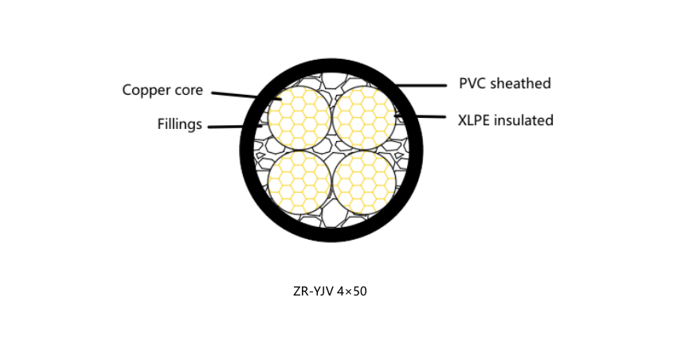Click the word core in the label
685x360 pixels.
(188, 91)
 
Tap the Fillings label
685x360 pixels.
(179, 124)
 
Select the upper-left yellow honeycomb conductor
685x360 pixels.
(299, 118)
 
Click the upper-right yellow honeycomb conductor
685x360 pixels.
(364, 118)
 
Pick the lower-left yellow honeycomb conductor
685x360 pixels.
(299, 182)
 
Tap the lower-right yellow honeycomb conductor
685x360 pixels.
(364, 182)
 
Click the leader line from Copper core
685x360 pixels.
(246, 96)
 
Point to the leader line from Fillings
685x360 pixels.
(235, 127)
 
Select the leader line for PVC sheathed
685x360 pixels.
(421, 86)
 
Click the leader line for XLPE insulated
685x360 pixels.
(420, 116)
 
